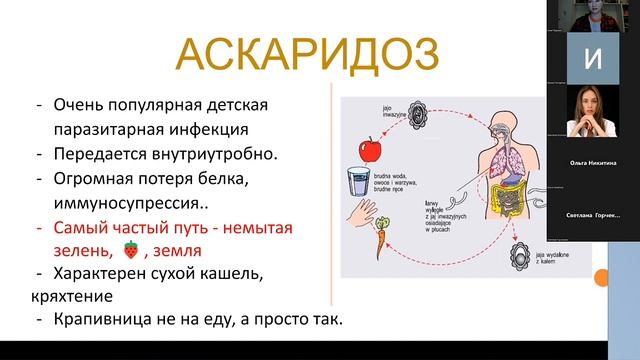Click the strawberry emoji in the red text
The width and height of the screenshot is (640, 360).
130,250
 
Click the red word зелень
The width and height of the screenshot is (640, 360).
78,250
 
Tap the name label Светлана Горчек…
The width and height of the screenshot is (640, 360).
592,216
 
